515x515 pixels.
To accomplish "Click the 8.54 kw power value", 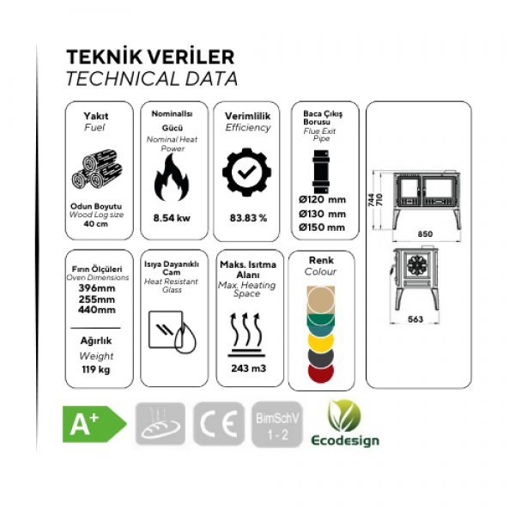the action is click(x=172, y=218).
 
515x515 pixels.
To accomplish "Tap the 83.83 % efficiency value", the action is click(x=248, y=218).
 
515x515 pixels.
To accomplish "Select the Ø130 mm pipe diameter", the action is click(x=322, y=214).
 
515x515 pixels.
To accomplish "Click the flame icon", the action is click(x=172, y=178).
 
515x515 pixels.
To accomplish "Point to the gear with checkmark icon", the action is click(x=247, y=173).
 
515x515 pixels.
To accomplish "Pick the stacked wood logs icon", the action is click(x=97, y=169).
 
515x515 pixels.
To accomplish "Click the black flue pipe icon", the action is click(x=321, y=172).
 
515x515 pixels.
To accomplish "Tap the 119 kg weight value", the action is click(x=96, y=369).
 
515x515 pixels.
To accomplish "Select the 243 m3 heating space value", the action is click(x=248, y=368).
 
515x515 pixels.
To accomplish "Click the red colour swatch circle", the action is click(x=321, y=372).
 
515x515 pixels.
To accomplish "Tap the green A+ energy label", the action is click(x=94, y=424).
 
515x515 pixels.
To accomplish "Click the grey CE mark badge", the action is click(x=219, y=424).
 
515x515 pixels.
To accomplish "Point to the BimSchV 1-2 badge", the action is click(x=277, y=425).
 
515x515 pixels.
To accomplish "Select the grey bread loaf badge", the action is click(x=161, y=424).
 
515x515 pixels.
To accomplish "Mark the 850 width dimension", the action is click(x=425, y=233).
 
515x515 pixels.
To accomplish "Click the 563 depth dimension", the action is click(x=415, y=319).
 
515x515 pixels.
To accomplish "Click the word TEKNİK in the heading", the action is click(x=104, y=58).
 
